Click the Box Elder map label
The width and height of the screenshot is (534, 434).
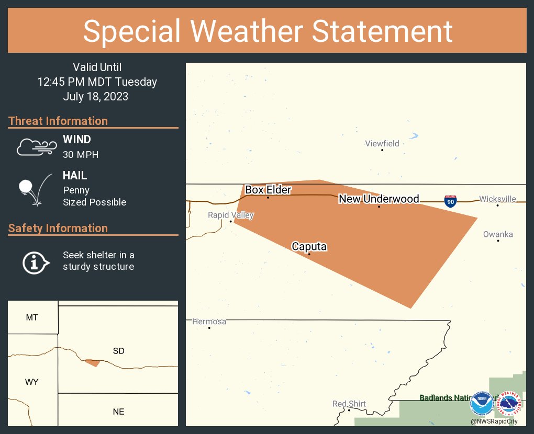[268, 190]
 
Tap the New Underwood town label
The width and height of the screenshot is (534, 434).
[379, 199]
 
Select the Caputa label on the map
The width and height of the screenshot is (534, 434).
[309, 246]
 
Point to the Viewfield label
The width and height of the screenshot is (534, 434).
[382, 143]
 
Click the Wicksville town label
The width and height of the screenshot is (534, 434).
[497, 199]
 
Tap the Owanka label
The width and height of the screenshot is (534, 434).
[498, 234]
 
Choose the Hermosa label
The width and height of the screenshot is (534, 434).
[209, 322]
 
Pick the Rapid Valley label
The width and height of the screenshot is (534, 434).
[230, 215]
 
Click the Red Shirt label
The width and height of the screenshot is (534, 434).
[349, 404]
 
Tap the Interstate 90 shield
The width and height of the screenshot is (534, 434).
[450, 201]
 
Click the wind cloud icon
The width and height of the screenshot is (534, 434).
[36, 147]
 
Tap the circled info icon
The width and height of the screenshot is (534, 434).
[36, 262]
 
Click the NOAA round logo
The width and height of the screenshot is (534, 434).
[482, 404]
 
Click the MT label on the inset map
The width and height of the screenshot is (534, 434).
[32, 317]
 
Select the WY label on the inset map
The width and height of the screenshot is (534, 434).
[32, 382]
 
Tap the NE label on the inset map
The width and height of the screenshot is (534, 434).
[119, 412]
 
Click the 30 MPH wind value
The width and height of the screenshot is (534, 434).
[81, 155]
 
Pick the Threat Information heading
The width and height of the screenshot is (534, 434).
[58, 121]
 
